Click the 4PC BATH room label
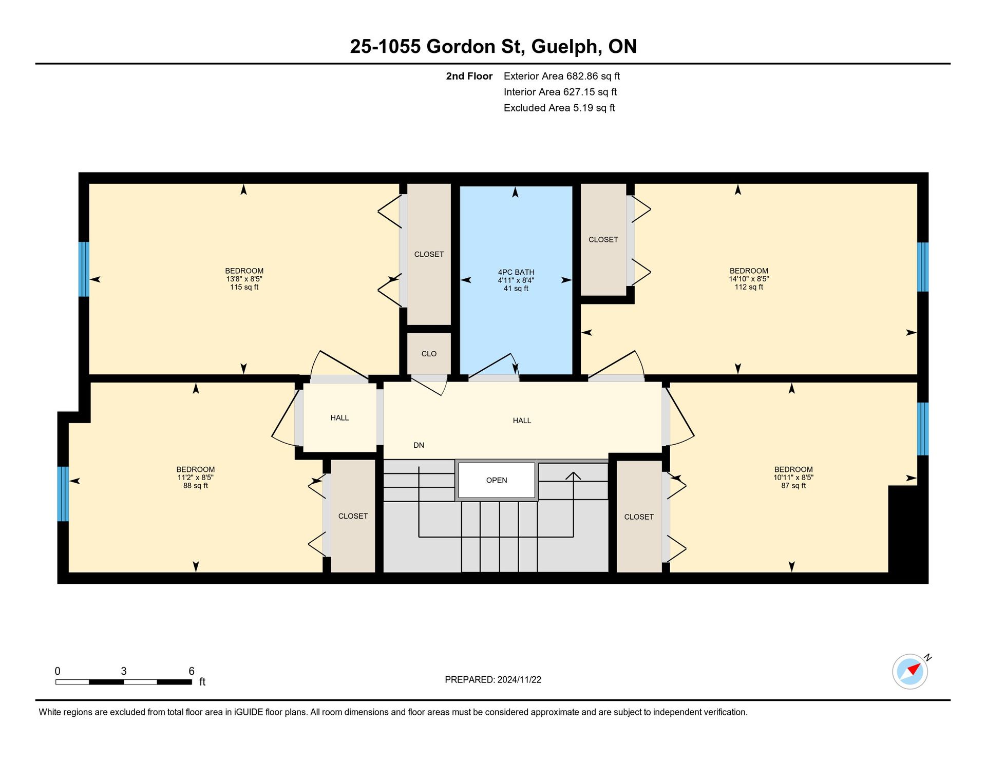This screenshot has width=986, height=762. click(x=516, y=272)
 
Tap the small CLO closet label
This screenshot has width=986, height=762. click(x=429, y=354)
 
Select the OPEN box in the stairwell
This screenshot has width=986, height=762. click(x=497, y=480)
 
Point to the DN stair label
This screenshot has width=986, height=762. click(x=419, y=445)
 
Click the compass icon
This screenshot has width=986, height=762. click(x=910, y=671)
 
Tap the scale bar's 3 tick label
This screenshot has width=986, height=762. click(x=124, y=671)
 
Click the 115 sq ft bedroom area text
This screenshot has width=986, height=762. click(x=244, y=287)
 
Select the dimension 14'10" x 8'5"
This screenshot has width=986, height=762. click(x=749, y=279)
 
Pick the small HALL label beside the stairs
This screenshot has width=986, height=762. click(x=339, y=418)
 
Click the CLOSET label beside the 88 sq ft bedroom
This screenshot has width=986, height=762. click(x=353, y=516)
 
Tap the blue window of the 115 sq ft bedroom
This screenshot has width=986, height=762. click(x=84, y=269)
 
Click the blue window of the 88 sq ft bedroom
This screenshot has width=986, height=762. click(x=63, y=493)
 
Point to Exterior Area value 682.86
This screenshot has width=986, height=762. click(x=582, y=76)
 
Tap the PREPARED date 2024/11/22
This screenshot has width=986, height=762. click(x=519, y=680)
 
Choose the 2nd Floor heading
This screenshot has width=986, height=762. click(x=469, y=76)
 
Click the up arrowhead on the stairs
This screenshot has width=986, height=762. click(x=573, y=475)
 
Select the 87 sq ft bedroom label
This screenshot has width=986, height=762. click(x=793, y=486)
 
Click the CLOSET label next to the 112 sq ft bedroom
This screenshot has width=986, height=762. click(x=603, y=240)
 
